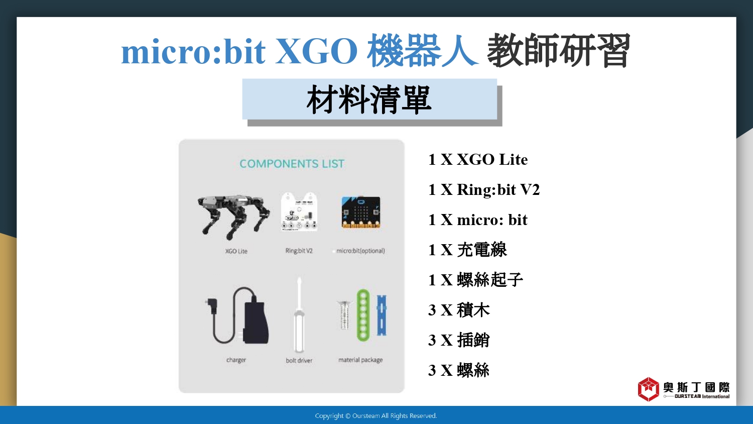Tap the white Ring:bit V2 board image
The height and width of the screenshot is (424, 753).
pyautogui.click(x=299, y=212)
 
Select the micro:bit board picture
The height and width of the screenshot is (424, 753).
pyautogui.click(x=361, y=213)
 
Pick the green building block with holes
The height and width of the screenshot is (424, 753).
pyautogui.click(x=363, y=315)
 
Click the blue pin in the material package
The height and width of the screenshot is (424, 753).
pyautogui.click(x=382, y=315)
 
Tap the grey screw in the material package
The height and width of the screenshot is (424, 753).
pyautogui.click(x=344, y=315)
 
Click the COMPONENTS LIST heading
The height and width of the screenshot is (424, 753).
pyautogui.click(x=292, y=164)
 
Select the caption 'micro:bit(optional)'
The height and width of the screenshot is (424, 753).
pyautogui.click(x=360, y=251)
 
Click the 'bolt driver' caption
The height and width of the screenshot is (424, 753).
pyautogui.click(x=299, y=360)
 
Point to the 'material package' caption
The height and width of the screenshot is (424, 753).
pyautogui.click(x=360, y=360)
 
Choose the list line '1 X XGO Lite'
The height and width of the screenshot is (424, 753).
pyautogui.click(x=478, y=160)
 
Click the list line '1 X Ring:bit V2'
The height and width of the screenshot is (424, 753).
pyautogui.click(x=484, y=190)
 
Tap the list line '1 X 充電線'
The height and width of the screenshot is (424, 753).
pyautogui.click(x=467, y=250)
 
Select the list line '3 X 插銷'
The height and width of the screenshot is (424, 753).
pyautogui.click(x=458, y=340)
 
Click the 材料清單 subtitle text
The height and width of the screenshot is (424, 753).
pyautogui.click(x=369, y=99)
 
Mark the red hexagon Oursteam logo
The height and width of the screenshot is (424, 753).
pyautogui.click(x=648, y=389)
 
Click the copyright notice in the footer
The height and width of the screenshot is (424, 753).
pyautogui.click(x=376, y=416)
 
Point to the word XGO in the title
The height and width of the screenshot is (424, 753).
pyautogui.click(x=316, y=51)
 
